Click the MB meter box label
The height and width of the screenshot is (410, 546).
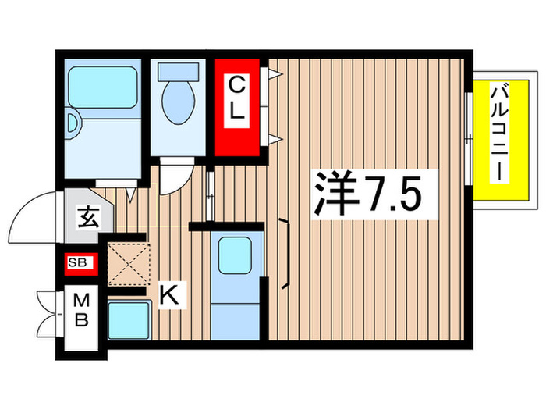[x=81, y=311]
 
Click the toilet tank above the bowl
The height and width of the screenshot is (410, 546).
[x=179, y=70]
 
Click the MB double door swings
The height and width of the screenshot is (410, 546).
[x=48, y=312]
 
